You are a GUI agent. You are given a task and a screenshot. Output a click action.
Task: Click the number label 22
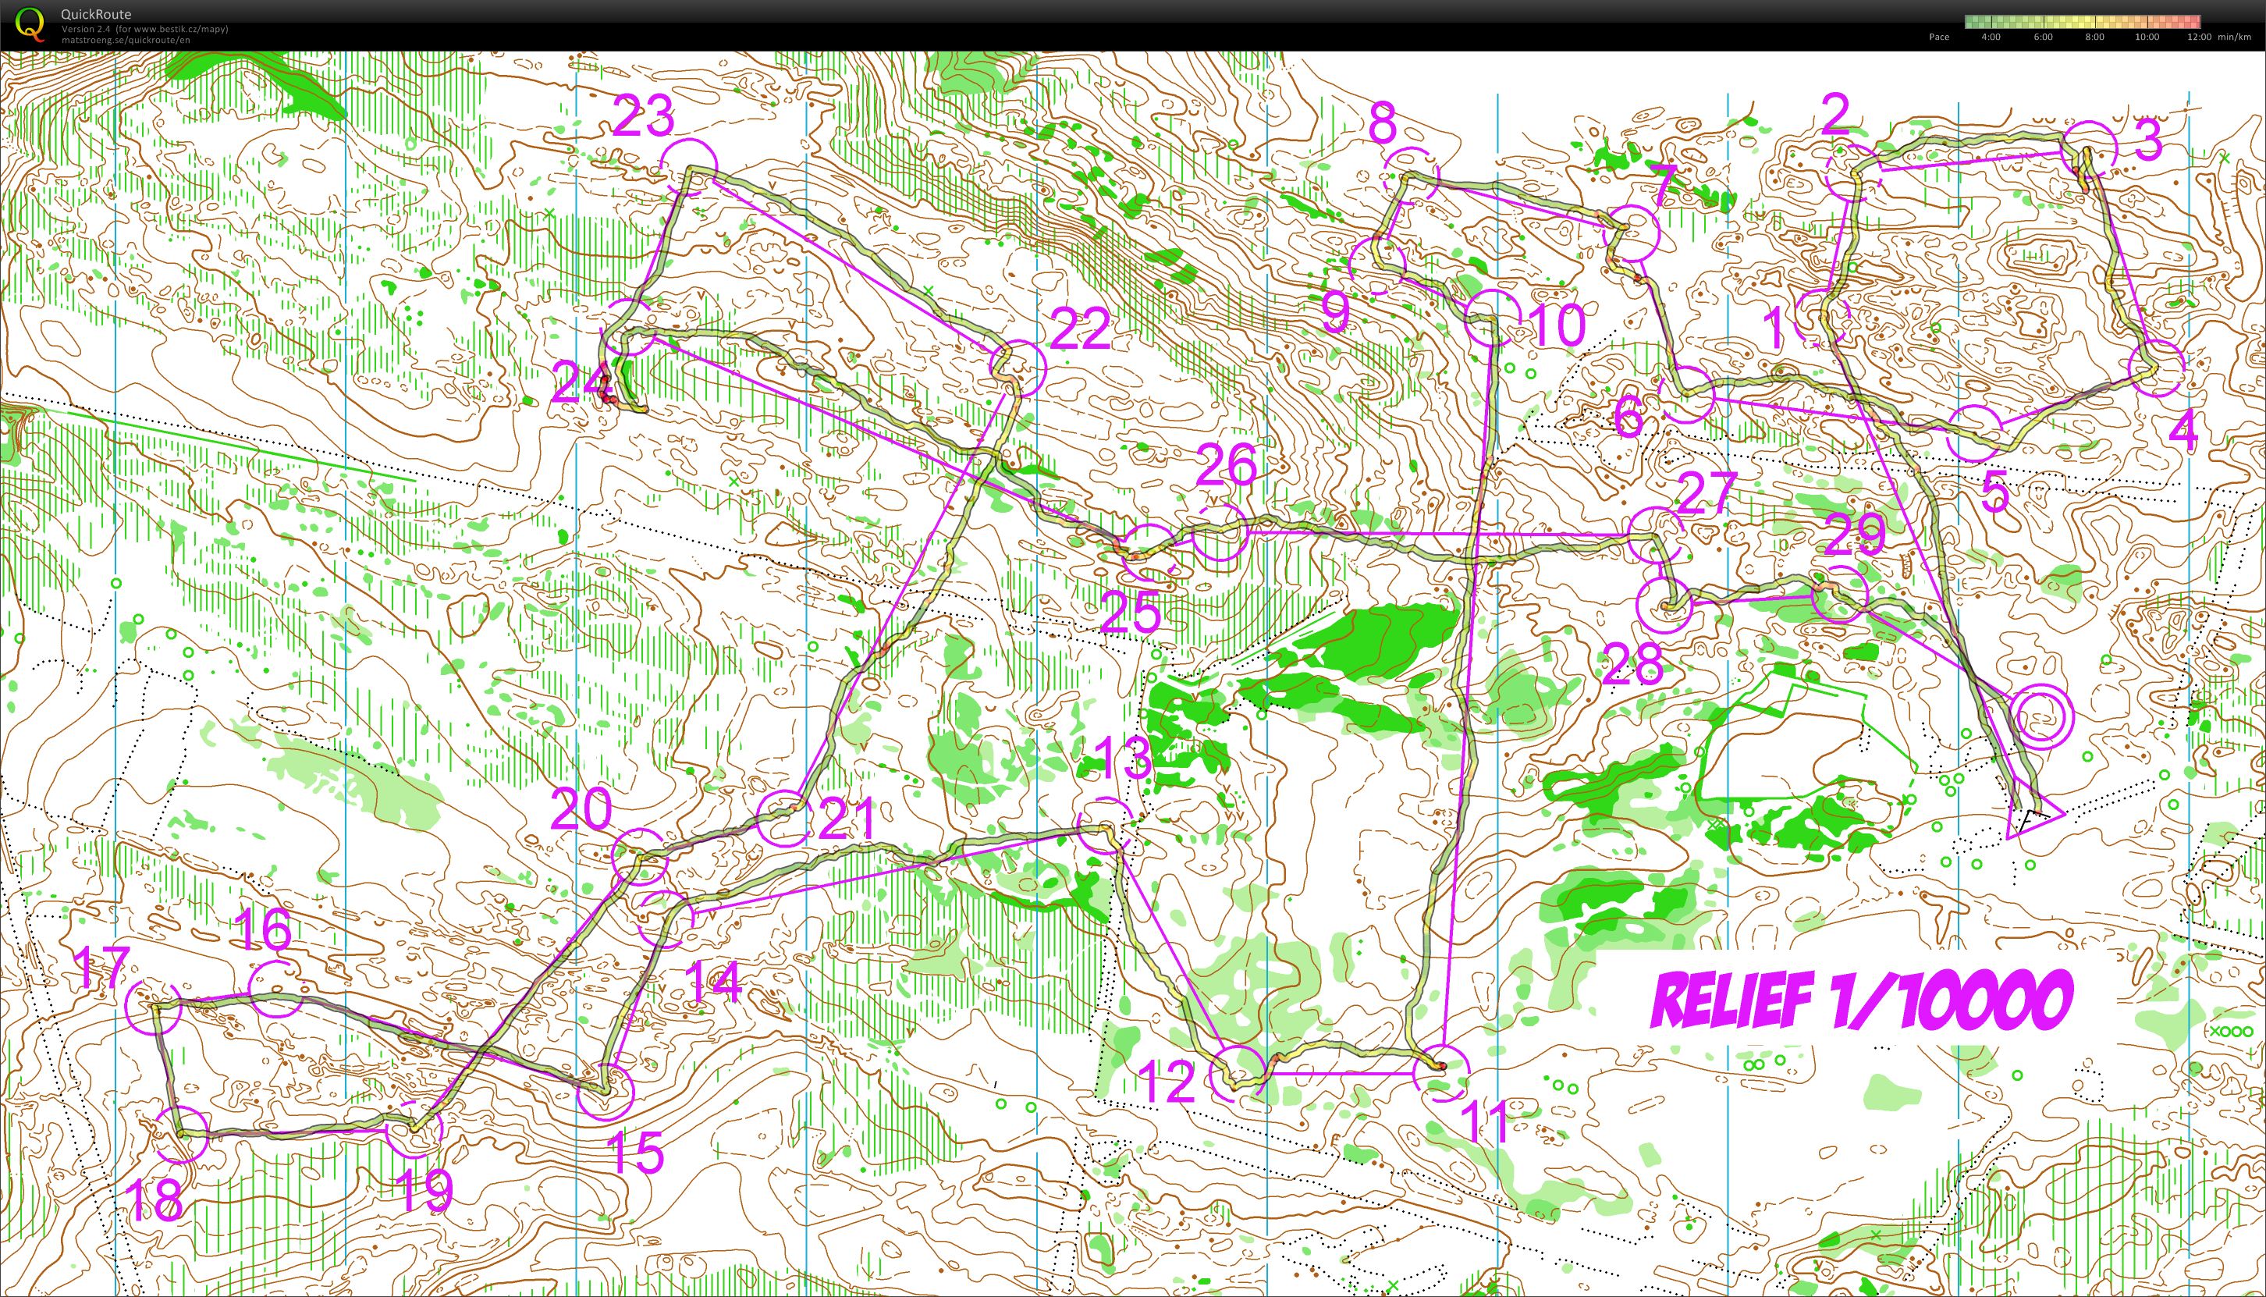(1081, 330)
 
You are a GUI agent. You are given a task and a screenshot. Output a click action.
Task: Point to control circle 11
(1440, 1072)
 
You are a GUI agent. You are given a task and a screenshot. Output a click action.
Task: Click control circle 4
(2157, 368)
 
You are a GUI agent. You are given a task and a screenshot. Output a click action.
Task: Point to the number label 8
(1383, 125)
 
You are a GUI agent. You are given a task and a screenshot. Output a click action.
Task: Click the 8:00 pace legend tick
(2095, 37)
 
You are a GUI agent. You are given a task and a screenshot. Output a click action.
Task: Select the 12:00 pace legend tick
(2198, 37)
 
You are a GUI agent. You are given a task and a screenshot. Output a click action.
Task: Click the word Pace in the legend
(1939, 37)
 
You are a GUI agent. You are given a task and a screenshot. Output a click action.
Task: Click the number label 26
(1227, 464)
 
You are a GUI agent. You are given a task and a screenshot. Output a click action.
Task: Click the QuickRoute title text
(96, 14)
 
